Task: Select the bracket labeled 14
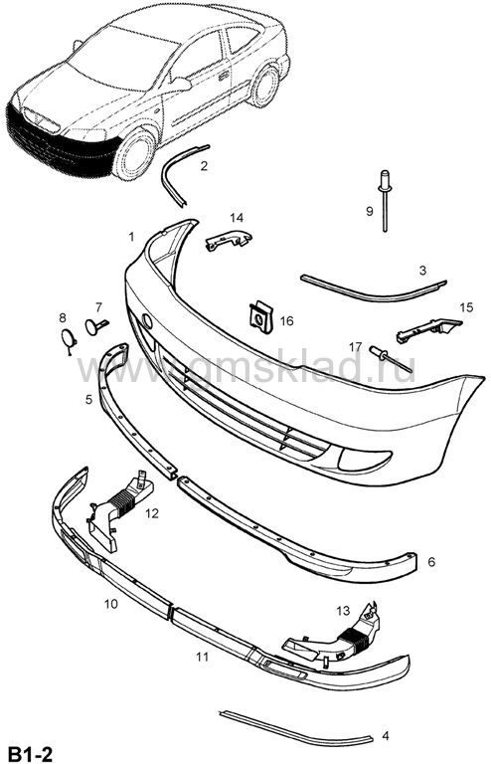pyautogui.click(x=229, y=239)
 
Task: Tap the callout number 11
pyautogui.click(x=202, y=657)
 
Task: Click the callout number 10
pyautogui.click(x=111, y=604)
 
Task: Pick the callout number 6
pyautogui.click(x=431, y=562)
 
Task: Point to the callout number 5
pyautogui.click(x=88, y=400)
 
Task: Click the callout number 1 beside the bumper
pyautogui.click(x=131, y=237)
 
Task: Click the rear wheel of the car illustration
pyautogui.click(x=265, y=87)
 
